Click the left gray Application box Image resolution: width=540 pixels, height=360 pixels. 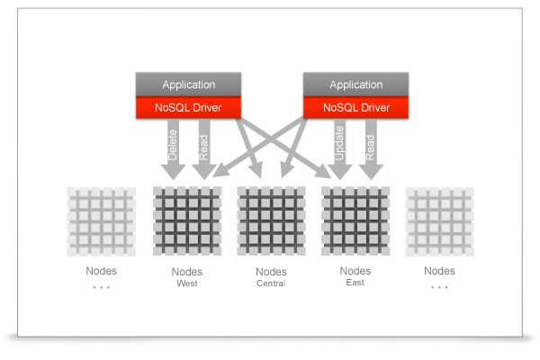point(189,85)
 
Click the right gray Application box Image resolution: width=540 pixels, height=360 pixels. point(357,85)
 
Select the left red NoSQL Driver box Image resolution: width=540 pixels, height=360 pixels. point(189,107)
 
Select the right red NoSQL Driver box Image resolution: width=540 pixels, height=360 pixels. point(357,107)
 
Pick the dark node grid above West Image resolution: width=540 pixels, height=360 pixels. point(187,220)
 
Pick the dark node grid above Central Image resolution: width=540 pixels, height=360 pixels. point(271,220)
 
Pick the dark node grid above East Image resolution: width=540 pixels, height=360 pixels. point(355,220)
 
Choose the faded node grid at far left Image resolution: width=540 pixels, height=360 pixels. point(102,220)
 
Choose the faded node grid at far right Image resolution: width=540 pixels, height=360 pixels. point(440,220)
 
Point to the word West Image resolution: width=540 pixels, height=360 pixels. point(186,284)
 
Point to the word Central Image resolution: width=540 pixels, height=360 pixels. point(271,284)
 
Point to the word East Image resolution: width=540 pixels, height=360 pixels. point(355,283)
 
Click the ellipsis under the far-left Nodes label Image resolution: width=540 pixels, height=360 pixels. point(101,286)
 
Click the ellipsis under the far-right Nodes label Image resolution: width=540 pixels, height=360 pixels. point(439,286)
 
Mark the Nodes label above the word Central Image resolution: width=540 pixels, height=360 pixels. point(271,272)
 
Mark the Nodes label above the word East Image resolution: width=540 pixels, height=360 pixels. point(355,270)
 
